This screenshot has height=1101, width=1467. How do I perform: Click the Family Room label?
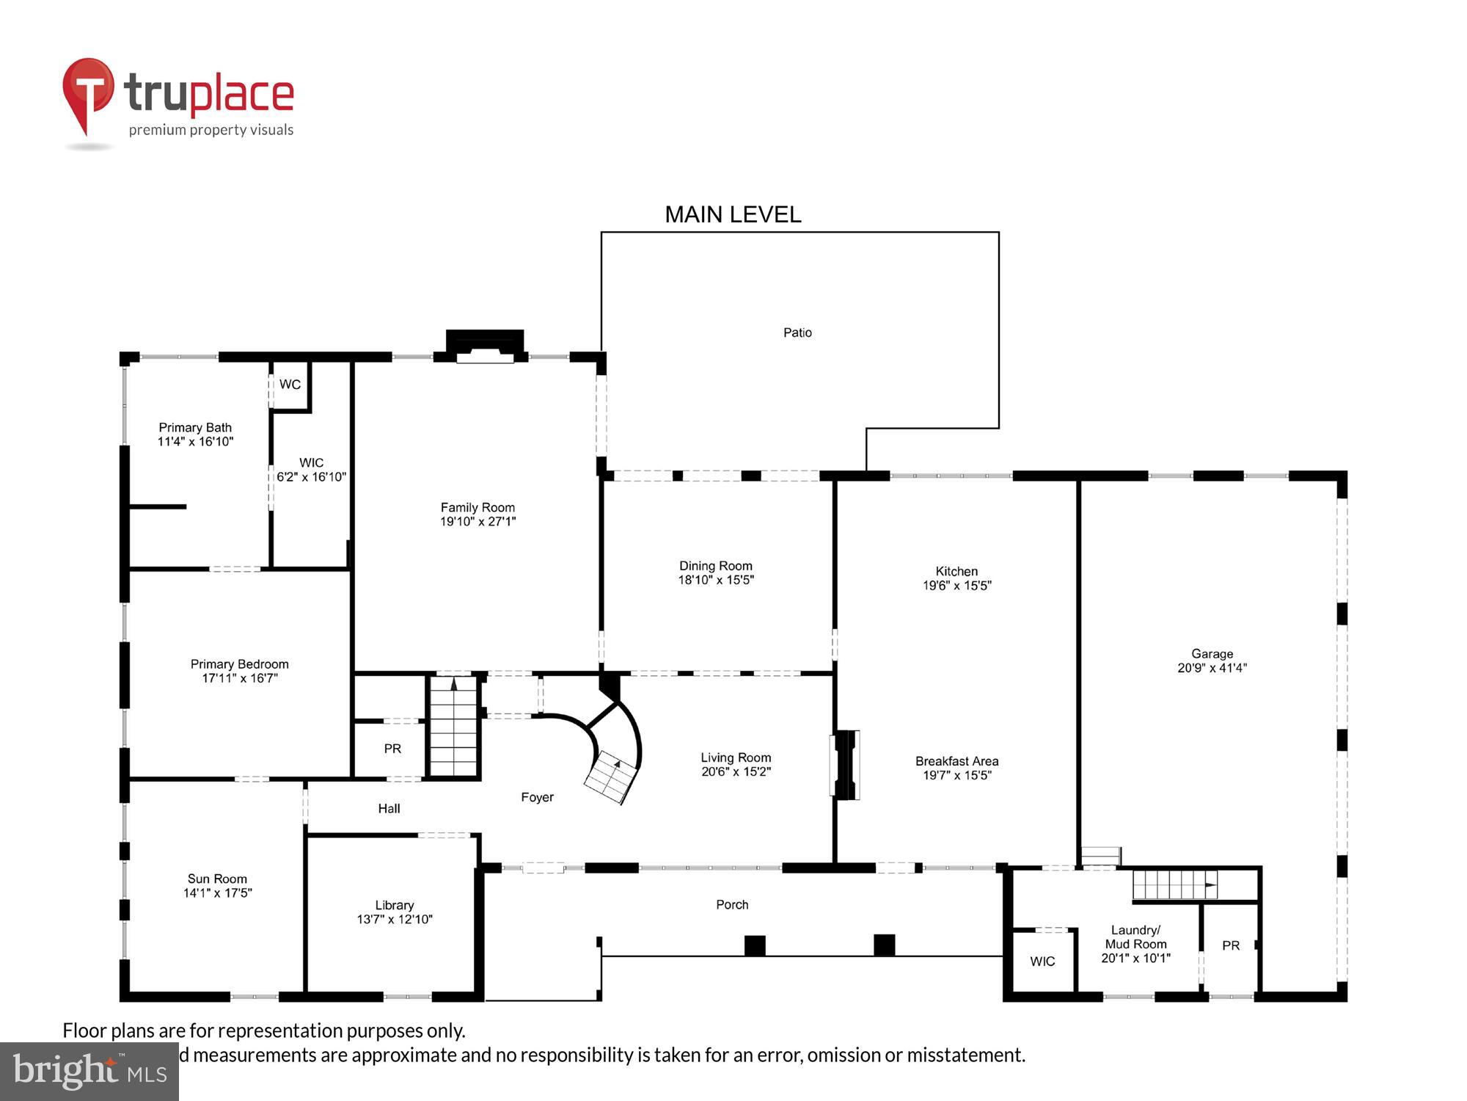tap(478, 507)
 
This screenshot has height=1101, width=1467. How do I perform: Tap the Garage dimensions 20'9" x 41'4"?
tap(1212, 668)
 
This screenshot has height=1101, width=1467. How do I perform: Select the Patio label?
tap(797, 333)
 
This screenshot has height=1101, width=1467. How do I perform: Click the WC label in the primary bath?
tap(290, 385)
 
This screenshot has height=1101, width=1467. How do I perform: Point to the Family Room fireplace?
tap(485, 347)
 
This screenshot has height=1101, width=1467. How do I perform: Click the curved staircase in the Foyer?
tap(613, 763)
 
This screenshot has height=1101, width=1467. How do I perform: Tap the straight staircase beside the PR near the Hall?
tap(454, 727)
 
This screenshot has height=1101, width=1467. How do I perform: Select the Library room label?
tap(394, 905)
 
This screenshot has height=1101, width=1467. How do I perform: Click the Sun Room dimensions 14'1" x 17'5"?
tap(217, 893)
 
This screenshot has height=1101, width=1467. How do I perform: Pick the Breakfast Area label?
tap(956, 761)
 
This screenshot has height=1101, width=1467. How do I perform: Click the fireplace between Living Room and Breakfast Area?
tap(845, 764)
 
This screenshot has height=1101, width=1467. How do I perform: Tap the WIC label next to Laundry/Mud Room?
tap(1042, 962)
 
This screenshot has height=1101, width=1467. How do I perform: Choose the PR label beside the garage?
tap(1231, 946)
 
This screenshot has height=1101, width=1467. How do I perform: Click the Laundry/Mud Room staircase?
tap(1174, 884)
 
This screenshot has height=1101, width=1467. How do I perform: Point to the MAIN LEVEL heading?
tap(733, 214)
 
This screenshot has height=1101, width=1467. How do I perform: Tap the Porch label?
tap(732, 905)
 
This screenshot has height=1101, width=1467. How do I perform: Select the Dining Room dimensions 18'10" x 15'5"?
tap(716, 580)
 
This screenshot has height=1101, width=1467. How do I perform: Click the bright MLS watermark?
tap(89, 1072)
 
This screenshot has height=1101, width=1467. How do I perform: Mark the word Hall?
tap(389, 809)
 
